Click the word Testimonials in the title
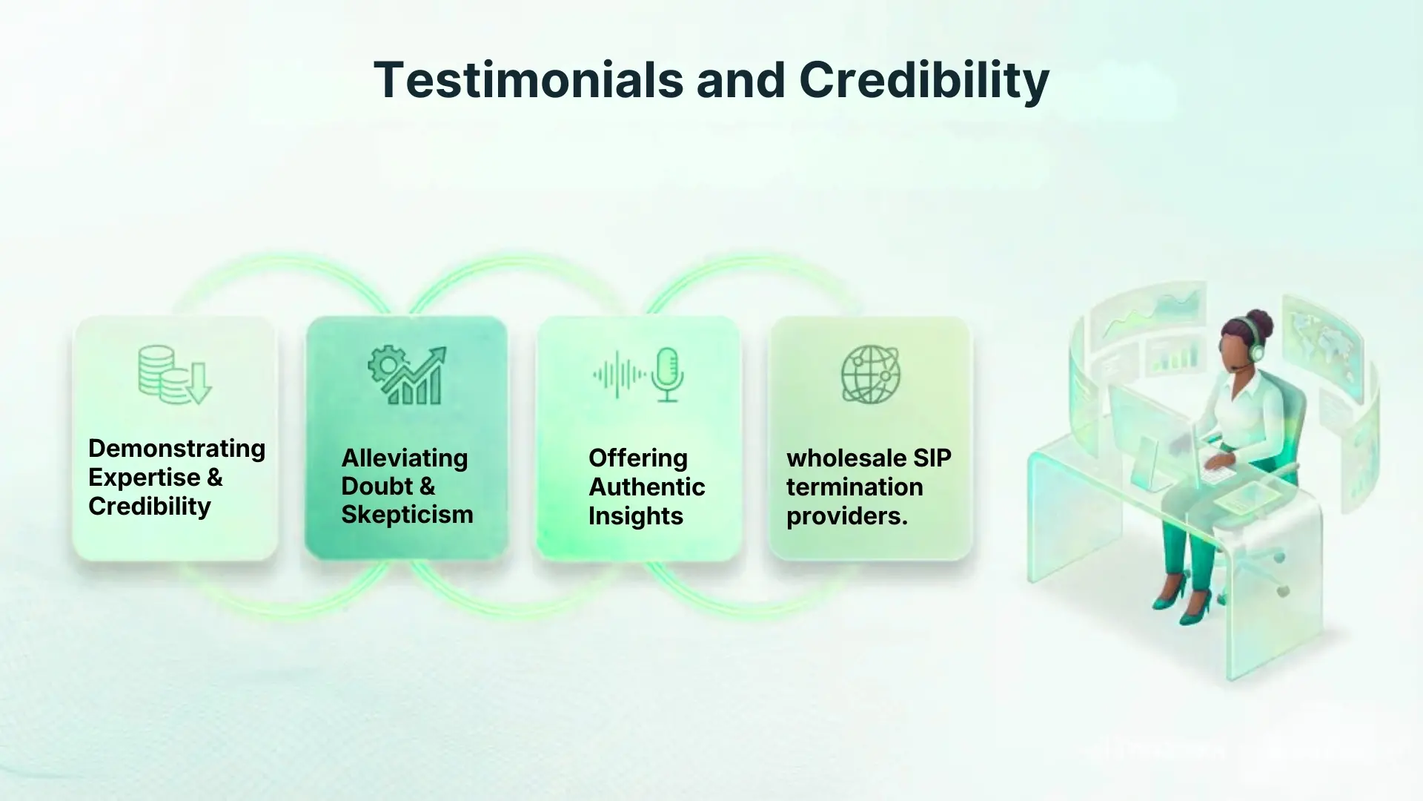click(528, 80)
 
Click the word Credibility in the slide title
click(923, 80)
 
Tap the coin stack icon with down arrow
click(174, 375)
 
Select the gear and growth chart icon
click(408, 375)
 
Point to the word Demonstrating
click(176, 448)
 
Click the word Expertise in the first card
click(144, 477)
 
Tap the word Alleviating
click(404, 458)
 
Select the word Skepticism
click(407, 514)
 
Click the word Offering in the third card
click(637, 458)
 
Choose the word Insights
click(635, 515)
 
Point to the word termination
click(854, 487)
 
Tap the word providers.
click(846, 515)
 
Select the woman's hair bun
click(1259, 321)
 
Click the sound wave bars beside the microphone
click(619, 375)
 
